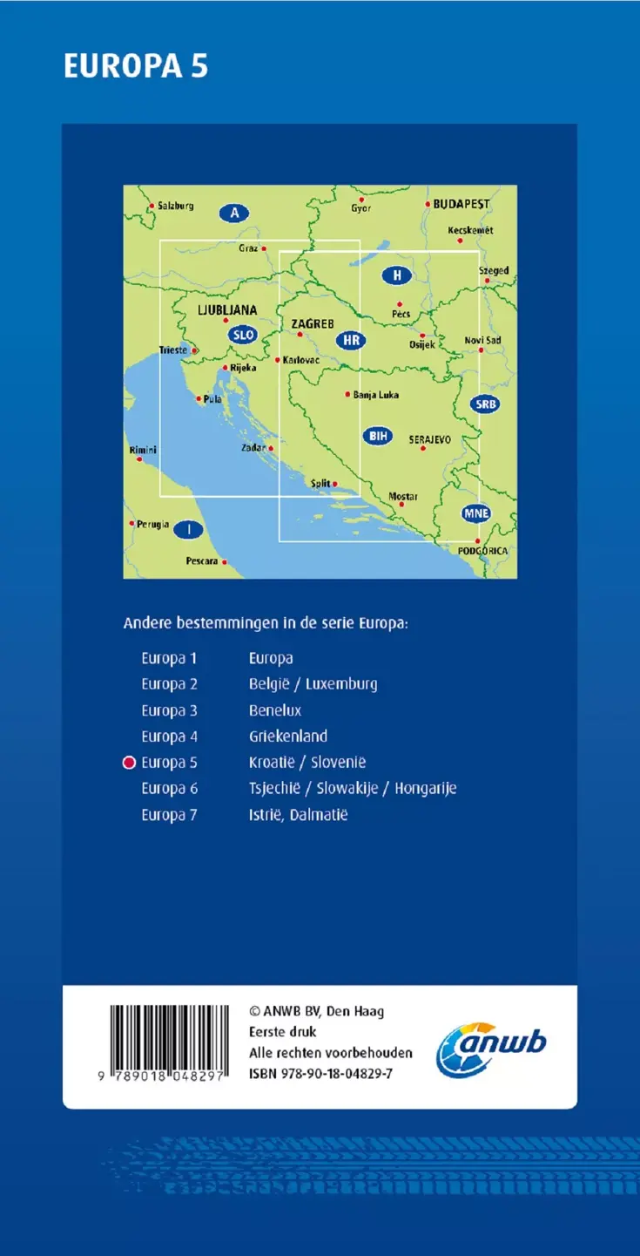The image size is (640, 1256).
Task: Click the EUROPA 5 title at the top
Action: tap(136, 67)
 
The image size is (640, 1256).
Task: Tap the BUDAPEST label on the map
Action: tap(461, 204)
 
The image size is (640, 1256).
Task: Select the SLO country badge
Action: tap(242, 334)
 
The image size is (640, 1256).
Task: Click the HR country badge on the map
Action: tap(351, 340)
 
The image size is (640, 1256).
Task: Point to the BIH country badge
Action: tap(377, 436)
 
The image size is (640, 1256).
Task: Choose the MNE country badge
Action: tap(475, 513)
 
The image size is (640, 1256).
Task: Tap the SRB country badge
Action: tap(485, 404)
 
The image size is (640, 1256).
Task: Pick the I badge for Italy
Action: tap(188, 529)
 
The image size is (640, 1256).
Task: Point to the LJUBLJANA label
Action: tap(227, 309)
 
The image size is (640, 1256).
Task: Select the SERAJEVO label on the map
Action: tap(430, 440)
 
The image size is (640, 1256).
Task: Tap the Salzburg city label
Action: tap(175, 207)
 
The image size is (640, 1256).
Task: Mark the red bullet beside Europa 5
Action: tap(130, 763)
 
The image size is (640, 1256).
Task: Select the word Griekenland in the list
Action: tap(288, 737)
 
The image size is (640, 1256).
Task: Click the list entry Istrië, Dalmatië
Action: tap(298, 815)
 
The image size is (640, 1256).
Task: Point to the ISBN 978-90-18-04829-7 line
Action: tap(320, 1074)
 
